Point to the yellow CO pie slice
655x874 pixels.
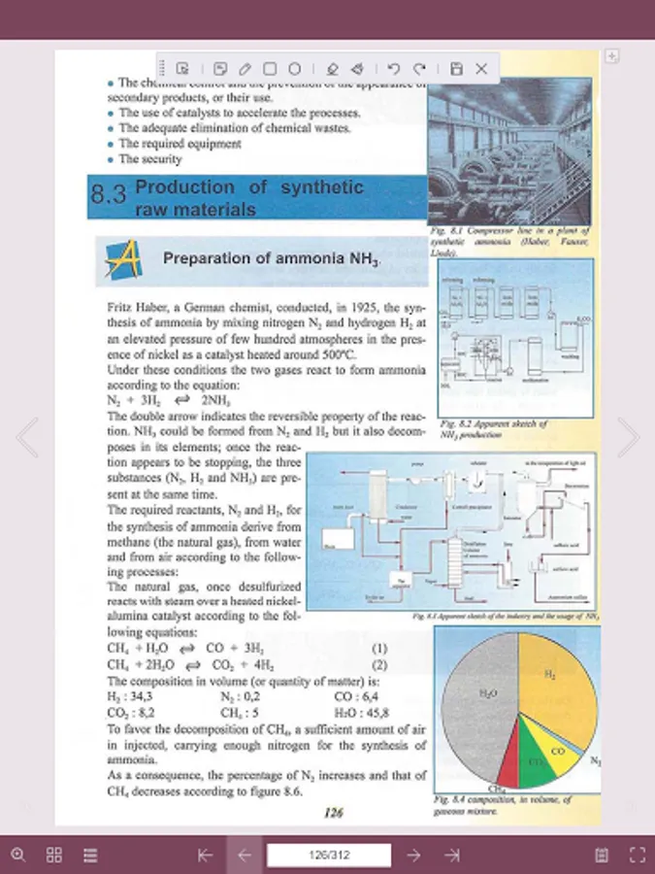(558, 753)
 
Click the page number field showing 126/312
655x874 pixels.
(329, 855)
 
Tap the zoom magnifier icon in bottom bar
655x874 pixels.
(18, 855)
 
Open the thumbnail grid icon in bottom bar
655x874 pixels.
(54, 855)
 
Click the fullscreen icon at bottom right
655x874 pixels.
(638, 855)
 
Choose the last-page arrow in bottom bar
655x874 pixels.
(452, 855)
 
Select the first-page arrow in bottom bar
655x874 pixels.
(205, 855)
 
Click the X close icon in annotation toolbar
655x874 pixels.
(481, 69)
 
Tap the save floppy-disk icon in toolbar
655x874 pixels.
(456, 69)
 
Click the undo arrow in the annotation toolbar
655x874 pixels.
(393, 69)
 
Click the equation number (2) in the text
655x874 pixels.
(380, 665)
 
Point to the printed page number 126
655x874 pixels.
(334, 813)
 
